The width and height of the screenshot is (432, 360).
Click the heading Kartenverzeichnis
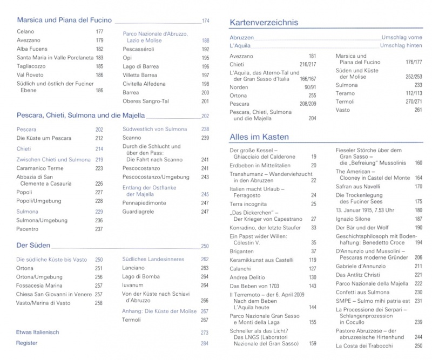(x=264, y=23)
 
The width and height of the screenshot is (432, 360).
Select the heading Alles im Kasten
(x=259, y=137)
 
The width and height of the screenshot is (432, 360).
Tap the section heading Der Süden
(x=33, y=246)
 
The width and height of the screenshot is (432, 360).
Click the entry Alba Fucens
(x=30, y=49)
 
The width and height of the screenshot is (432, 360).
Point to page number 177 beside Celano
(x=99, y=32)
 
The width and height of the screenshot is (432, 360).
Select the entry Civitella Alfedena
(x=144, y=84)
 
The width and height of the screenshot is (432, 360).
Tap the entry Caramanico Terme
(x=40, y=168)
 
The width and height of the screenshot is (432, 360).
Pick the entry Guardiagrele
(x=139, y=212)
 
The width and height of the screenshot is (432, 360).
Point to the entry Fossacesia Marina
(x=40, y=286)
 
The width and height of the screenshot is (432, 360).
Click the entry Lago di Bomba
(x=140, y=276)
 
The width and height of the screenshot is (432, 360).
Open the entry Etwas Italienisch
(x=37, y=332)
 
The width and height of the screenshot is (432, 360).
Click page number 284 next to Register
(x=204, y=343)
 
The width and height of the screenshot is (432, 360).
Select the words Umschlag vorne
(x=402, y=38)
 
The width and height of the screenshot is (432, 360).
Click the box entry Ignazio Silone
(x=354, y=219)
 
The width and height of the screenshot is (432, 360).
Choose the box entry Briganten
(x=242, y=251)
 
